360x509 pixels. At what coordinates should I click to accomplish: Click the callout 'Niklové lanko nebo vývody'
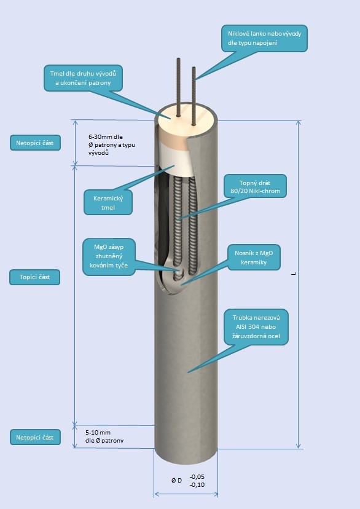pos(264,38)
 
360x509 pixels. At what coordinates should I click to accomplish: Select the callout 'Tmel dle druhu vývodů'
pos(83,78)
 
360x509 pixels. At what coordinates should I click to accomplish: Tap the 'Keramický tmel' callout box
pos(108,203)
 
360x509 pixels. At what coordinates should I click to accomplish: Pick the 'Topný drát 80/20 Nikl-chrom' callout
pos(255,187)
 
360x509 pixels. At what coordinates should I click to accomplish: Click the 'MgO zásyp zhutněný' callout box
pos(109,256)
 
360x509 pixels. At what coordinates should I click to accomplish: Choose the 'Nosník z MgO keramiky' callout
pos(254,258)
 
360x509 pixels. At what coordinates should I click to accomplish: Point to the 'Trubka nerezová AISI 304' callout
pos(256,327)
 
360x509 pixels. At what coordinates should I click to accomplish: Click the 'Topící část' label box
pos(34,277)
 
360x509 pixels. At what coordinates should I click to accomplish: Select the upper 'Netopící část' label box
pos(35,143)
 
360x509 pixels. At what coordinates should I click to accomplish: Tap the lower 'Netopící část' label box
pos(35,437)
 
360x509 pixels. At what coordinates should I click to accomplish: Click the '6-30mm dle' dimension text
pos(106,137)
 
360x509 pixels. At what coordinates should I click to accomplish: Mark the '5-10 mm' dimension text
pos(98,432)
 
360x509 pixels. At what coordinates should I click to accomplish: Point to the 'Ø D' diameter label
pos(177,481)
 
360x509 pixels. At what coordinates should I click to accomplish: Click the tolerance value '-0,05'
pos(197,476)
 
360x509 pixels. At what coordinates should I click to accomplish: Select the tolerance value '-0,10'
pos(197,484)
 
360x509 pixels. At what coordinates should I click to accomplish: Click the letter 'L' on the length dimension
pos(294,274)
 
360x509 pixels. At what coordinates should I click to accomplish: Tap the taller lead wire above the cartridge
pos(178,87)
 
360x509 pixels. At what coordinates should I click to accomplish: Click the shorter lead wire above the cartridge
pos(194,96)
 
